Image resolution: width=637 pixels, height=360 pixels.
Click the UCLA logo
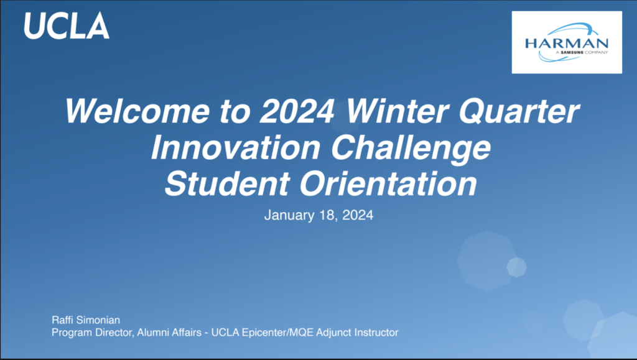click(67, 25)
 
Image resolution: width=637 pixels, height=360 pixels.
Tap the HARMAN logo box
click(567, 42)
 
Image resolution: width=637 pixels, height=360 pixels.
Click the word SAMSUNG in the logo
click(572, 52)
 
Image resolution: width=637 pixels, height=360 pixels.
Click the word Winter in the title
click(398, 111)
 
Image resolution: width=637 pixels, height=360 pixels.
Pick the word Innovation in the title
click(236, 147)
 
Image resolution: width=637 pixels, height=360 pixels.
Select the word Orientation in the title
click(388, 183)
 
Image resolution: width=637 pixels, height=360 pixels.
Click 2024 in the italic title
click(297, 111)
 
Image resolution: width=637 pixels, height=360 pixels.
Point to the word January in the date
click(289, 215)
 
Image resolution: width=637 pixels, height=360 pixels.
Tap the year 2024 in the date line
click(358, 215)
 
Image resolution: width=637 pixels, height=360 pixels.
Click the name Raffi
click(62, 320)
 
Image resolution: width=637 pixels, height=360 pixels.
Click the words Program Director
click(92, 333)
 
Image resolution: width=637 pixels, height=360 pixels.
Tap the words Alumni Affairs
click(169, 333)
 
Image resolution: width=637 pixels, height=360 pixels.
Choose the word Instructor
click(376, 333)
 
